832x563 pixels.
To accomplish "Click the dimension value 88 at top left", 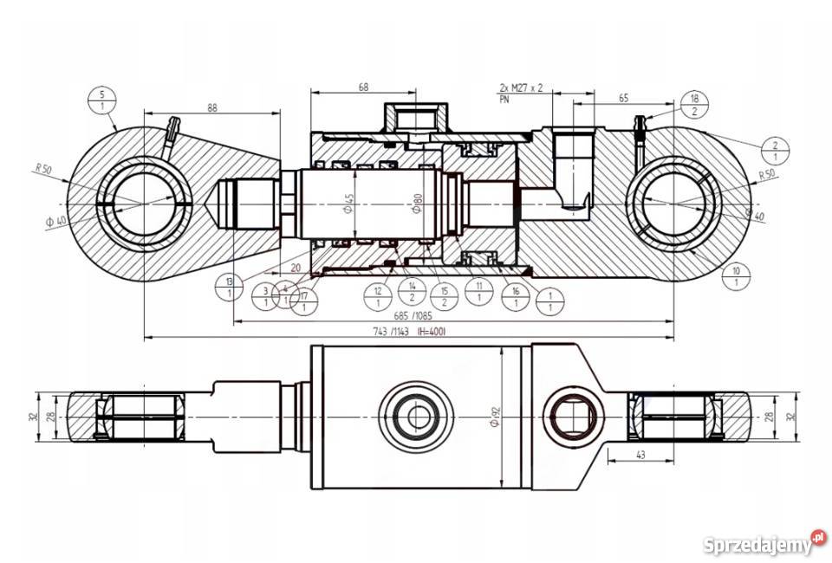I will click(211, 107).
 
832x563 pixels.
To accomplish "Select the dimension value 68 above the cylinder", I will click(362, 87).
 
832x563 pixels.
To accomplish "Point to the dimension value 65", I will click(623, 99).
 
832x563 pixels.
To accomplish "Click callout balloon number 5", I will click(102, 100).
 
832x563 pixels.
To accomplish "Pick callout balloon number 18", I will click(693, 105).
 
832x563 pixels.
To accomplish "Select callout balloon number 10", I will click(736, 276).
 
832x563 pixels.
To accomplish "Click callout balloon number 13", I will click(229, 288).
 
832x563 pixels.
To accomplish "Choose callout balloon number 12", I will click(378, 297).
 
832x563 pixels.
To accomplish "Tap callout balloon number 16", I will click(516, 297).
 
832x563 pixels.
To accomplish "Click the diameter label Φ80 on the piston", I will click(418, 204).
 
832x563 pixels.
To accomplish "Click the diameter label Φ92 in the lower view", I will click(496, 417).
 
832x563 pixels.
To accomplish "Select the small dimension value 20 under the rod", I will click(296, 268).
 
